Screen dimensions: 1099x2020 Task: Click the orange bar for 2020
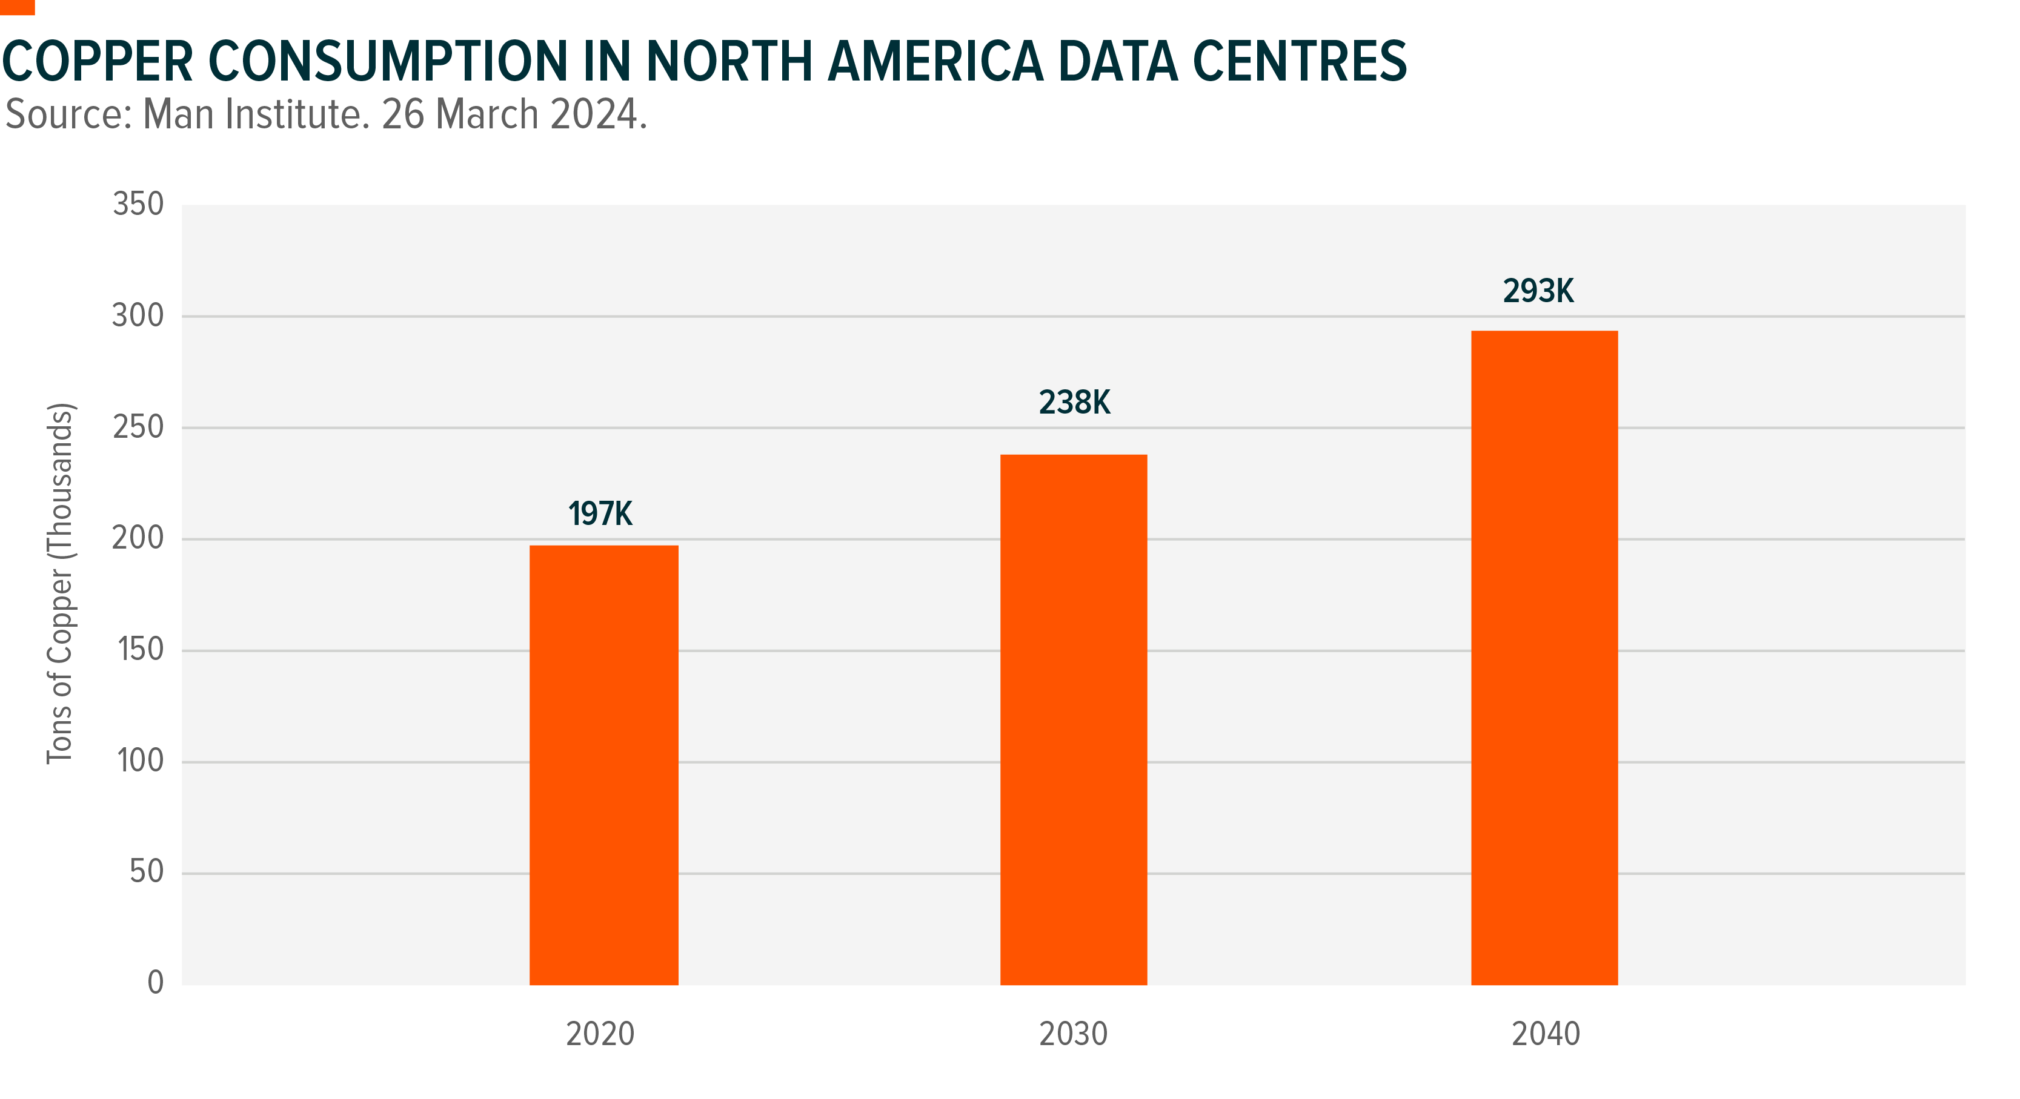[x=604, y=764]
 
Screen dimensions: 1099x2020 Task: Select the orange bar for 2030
[x=1074, y=719]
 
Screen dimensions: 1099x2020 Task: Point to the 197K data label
[x=600, y=514]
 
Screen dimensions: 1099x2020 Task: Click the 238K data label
[x=1074, y=403]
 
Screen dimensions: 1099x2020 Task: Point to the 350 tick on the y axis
[x=138, y=205]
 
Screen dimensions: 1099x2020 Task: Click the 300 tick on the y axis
[x=138, y=316]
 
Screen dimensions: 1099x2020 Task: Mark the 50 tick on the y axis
[x=146, y=872]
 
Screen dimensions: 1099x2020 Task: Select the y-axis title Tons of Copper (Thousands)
[x=59, y=583]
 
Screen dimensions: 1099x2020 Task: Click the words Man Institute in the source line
[x=256, y=114]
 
